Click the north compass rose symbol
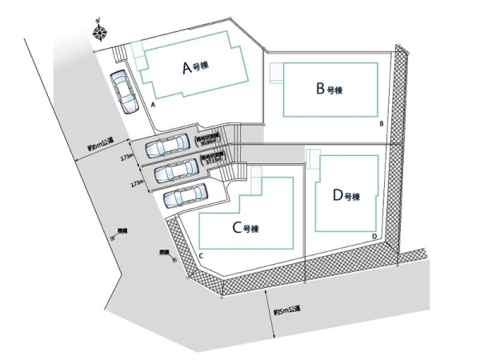(x=101, y=33)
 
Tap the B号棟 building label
(x=328, y=87)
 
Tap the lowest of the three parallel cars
(x=186, y=194)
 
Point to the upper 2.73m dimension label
(x=126, y=158)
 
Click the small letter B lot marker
(x=382, y=123)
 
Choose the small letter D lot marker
(x=374, y=236)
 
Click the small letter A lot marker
(x=152, y=105)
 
